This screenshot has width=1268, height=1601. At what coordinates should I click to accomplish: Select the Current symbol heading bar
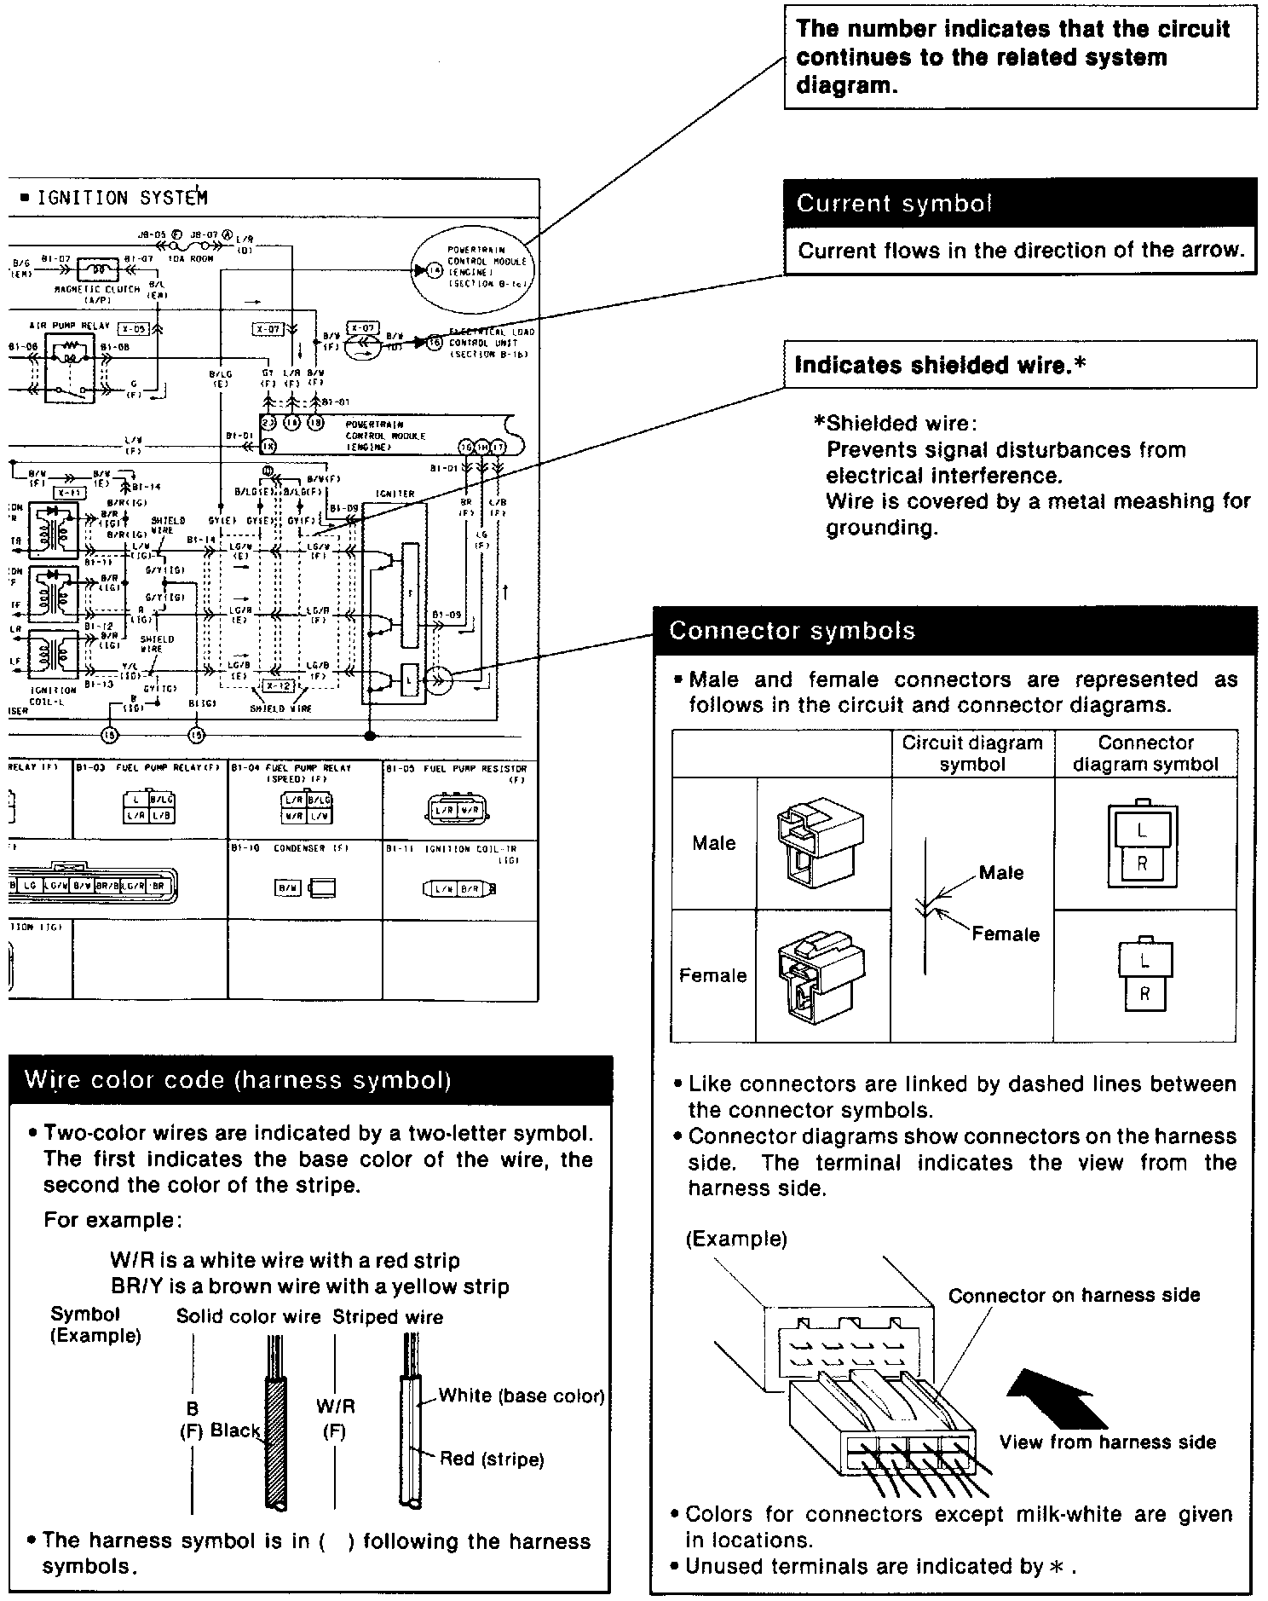(1019, 203)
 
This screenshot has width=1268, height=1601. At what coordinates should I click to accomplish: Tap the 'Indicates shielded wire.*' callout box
(1019, 365)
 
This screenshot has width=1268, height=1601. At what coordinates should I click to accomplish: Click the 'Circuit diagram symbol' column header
(972, 754)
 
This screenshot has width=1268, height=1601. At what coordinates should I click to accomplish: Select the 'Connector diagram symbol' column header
(1145, 754)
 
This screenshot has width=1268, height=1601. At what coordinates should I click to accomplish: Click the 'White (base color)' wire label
(522, 1396)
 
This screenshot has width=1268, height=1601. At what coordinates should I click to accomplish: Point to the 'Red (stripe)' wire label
(492, 1459)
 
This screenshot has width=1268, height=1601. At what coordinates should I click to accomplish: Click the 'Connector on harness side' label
(1074, 1296)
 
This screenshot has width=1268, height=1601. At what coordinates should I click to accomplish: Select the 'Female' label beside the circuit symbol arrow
(1006, 934)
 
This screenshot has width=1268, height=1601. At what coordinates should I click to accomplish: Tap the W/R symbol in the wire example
(335, 1407)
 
